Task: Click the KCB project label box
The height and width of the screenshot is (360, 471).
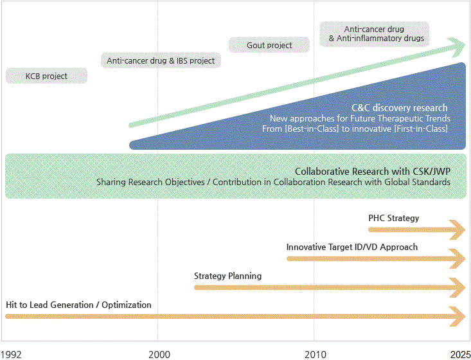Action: [46, 76]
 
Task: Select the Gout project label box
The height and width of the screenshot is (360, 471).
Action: [269, 45]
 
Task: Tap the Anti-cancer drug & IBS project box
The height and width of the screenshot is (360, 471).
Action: [161, 60]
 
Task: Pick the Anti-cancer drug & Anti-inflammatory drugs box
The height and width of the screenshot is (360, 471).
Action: [375, 34]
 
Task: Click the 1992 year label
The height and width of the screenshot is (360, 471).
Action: [11, 355]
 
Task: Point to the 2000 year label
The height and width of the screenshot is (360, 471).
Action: [159, 355]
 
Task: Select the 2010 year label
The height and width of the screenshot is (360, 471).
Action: [315, 355]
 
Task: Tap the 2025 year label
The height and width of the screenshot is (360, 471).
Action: [460, 355]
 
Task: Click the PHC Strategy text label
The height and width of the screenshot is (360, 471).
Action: [393, 218]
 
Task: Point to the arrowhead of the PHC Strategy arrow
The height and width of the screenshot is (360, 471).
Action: [457, 230]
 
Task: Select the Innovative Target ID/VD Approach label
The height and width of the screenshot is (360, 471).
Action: [351, 247]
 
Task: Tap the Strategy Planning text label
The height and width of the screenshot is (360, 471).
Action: [227, 276]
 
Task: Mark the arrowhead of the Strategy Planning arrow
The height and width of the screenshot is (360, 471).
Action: [457, 287]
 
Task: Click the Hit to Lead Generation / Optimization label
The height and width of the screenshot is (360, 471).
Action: [78, 305]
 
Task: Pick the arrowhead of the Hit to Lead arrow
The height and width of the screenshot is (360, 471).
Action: [457, 316]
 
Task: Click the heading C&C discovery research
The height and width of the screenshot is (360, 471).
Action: [400, 107]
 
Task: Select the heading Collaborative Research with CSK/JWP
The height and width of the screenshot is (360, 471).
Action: [373, 171]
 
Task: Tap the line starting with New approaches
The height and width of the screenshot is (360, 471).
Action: [360, 118]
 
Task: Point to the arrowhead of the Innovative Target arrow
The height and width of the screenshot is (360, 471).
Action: [457, 258]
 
